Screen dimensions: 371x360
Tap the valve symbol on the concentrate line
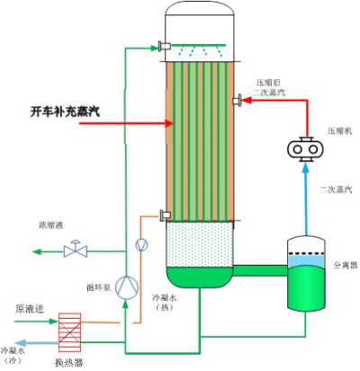pyautogui.click(x=76, y=251)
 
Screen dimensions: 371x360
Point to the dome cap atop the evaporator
pyautogui.click(x=200, y=18)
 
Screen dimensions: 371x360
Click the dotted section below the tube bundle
pyautogui.click(x=200, y=244)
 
